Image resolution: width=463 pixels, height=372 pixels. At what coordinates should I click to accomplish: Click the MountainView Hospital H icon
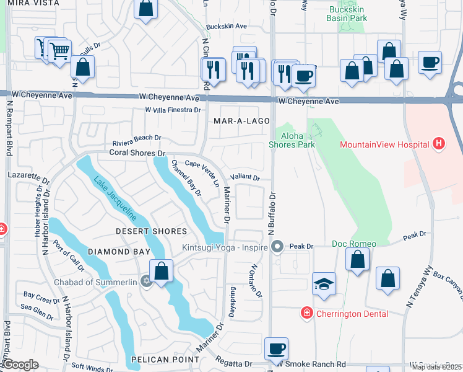pyautogui.click(x=439, y=144)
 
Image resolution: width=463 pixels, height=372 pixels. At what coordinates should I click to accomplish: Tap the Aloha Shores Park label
pyautogui.click(x=292, y=140)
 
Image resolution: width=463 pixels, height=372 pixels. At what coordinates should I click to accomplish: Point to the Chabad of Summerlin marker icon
pyautogui.click(x=146, y=280)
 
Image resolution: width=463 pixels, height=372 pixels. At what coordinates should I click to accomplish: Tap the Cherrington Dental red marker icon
pyautogui.click(x=306, y=314)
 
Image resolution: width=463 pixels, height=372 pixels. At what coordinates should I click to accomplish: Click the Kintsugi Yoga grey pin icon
pyautogui.click(x=278, y=247)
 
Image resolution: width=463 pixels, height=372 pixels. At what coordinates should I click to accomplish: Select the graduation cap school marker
pyautogui.click(x=324, y=283)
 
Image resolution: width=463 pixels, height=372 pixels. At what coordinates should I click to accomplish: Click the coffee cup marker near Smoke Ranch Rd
pyautogui.click(x=276, y=348)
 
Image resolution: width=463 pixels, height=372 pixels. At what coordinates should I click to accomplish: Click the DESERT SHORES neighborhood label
pyautogui.click(x=152, y=231)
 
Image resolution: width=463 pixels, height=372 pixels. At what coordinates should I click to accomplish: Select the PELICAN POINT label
pyautogui.click(x=165, y=360)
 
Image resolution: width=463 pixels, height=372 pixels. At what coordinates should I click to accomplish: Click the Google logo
pyautogui.click(x=20, y=365)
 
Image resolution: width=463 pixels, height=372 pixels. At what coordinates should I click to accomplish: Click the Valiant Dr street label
pyautogui.click(x=245, y=177)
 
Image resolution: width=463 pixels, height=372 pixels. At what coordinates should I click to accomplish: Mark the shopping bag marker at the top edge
pyautogui.click(x=145, y=9)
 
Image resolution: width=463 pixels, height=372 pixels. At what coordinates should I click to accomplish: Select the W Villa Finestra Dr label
pyautogui.click(x=173, y=110)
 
